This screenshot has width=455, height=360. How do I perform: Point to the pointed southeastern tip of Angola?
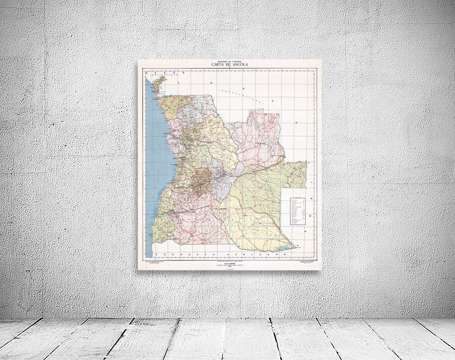coord(295,248)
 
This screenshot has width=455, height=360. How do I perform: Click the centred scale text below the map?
coord(229,264)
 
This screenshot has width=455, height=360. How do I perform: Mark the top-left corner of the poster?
coord(138,60)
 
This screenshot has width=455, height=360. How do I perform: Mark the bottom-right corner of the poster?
coord(321,270)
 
